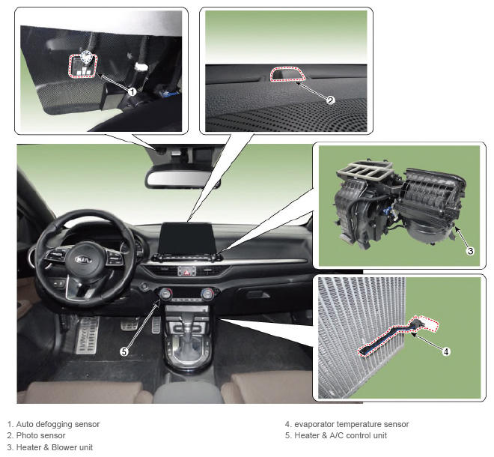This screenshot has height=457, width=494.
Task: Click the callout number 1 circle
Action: [x=132, y=92]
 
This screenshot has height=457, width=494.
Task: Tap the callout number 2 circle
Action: [x=330, y=100]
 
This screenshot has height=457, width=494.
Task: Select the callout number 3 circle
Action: [x=470, y=251]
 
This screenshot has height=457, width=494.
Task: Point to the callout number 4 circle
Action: [x=446, y=351]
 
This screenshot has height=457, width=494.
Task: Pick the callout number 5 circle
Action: [x=124, y=351]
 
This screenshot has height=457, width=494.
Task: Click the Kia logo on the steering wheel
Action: [x=84, y=259]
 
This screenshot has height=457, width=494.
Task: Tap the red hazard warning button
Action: [x=187, y=271]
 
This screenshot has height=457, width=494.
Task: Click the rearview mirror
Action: [x=182, y=178]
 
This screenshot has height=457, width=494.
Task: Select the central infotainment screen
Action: [x=186, y=238]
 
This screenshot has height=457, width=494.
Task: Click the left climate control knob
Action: [x=165, y=294]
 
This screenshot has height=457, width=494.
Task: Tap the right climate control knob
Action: [x=207, y=294]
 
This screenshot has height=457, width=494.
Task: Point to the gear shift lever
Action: [x=188, y=334]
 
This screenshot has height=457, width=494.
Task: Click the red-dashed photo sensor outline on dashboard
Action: [x=287, y=74]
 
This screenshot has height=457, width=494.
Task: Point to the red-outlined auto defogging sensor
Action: [x=83, y=66]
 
